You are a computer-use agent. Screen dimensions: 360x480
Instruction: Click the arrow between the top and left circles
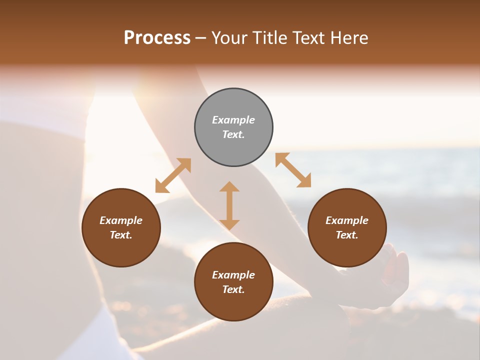tap(173, 175)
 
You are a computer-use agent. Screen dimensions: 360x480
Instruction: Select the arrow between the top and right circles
tap(293, 170)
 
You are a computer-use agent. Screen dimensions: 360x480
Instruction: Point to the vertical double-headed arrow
tap(229, 205)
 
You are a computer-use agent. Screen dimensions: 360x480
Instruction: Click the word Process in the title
tap(157, 38)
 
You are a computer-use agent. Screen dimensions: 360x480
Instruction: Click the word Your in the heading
tap(229, 38)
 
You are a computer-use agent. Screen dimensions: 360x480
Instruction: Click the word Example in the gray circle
tap(233, 120)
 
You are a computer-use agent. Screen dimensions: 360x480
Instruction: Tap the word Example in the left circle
tap(121, 220)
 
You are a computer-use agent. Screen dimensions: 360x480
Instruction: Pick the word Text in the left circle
tap(120, 235)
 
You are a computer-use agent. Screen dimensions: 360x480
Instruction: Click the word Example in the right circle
tap(347, 220)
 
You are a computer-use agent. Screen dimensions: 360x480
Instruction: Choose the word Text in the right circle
tap(346, 235)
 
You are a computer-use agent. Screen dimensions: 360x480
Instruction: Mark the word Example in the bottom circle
tap(233, 275)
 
